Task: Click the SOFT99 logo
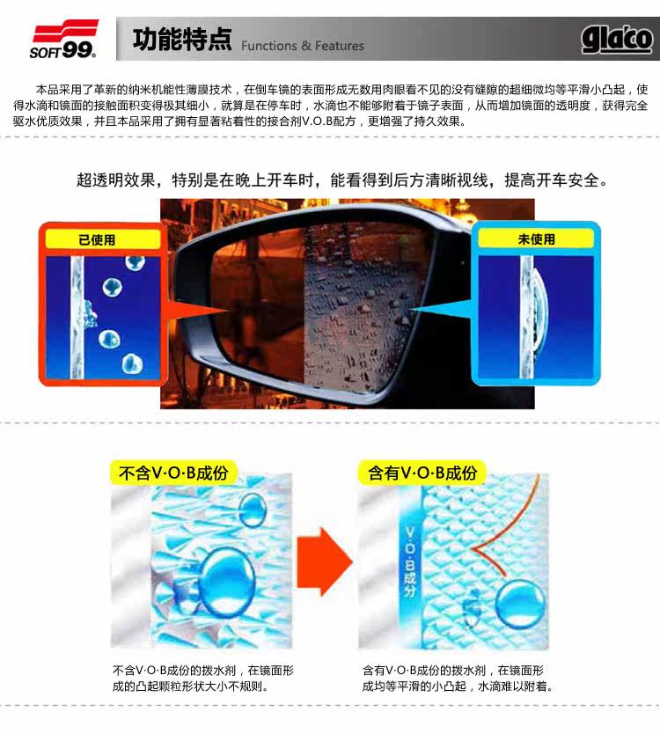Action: point(63,40)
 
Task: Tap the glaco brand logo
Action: point(617,40)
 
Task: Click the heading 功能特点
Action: point(182,39)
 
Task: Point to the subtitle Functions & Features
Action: point(303,46)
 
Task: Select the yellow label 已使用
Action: point(97,239)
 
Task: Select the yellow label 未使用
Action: point(537,239)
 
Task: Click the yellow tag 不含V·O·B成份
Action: point(173,473)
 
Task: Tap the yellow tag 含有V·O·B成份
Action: point(422,473)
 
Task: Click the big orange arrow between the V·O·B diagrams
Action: point(324,562)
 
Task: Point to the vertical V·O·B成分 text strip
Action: point(409,562)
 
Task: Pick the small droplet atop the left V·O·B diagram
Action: point(253,510)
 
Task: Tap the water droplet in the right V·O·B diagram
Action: point(520,605)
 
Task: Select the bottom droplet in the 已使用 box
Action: point(132,364)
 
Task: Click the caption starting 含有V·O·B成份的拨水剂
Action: point(458,679)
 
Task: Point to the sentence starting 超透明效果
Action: point(342,180)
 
